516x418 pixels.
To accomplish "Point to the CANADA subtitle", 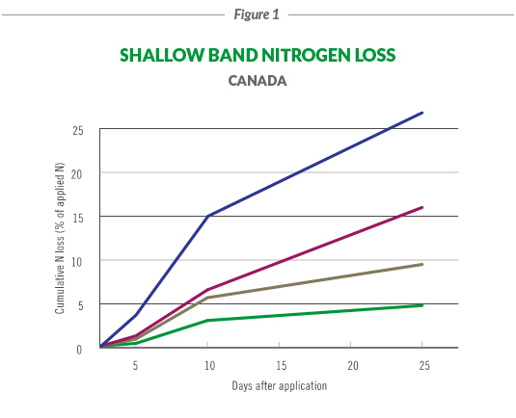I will pyautogui.click(x=258, y=81).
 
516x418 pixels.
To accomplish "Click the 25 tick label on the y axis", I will pyautogui.click(x=79, y=130).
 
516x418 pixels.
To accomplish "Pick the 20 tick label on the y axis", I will pyautogui.click(x=79, y=173).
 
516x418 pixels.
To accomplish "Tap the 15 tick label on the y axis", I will pyautogui.click(x=79, y=217).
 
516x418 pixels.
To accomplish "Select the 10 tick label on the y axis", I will pyautogui.click(x=79, y=261).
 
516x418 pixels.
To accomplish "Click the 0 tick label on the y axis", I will pyautogui.click(x=82, y=349).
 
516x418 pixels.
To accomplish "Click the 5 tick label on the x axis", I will pyautogui.click(x=136, y=365).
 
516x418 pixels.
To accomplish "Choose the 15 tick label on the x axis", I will pyautogui.click(x=280, y=365).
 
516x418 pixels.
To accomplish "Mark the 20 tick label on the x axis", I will pyautogui.click(x=352, y=365).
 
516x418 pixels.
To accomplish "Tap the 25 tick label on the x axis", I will pyautogui.click(x=423, y=365).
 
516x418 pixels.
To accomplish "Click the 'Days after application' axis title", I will pyautogui.click(x=280, y=386).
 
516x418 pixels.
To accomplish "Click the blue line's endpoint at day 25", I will pyautogui.click(x=422, y=113).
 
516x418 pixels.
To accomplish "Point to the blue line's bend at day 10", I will pyautogui.click(x=207, y=216).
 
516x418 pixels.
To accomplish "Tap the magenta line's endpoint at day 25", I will pyautogui.click(x=422, y=207).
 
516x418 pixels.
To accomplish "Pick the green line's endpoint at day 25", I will pyautogui.click(x=422, y=305).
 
